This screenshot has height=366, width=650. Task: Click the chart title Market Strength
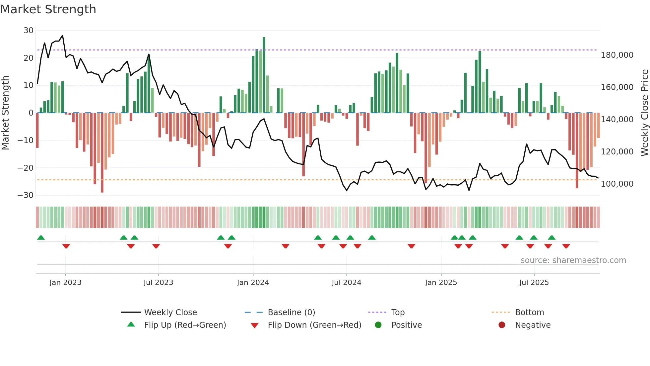[x=48, y=9]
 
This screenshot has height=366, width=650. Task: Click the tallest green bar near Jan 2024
[x=264, y=75]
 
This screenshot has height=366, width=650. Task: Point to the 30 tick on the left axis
[x=29, y=31]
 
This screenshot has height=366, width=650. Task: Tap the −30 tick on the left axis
[x=26, y=195]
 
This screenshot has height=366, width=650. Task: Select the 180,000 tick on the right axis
[x=617, y=55]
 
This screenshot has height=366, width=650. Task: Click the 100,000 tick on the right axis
[x=617, y=184]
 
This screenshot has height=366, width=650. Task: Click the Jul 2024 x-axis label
[x=346, y=283]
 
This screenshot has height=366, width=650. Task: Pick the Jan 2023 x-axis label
[x=65, y=283]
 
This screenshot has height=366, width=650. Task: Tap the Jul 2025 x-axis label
[x=534, y=283]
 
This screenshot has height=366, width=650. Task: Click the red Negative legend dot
[x=502, y=325]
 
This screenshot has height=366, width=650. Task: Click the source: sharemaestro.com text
[x=573, y=260]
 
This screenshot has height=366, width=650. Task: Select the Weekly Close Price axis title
[x=644, y=113]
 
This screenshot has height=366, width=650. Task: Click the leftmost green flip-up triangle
[x=41, y=238]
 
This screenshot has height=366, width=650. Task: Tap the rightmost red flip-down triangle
[x=566, y=246]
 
